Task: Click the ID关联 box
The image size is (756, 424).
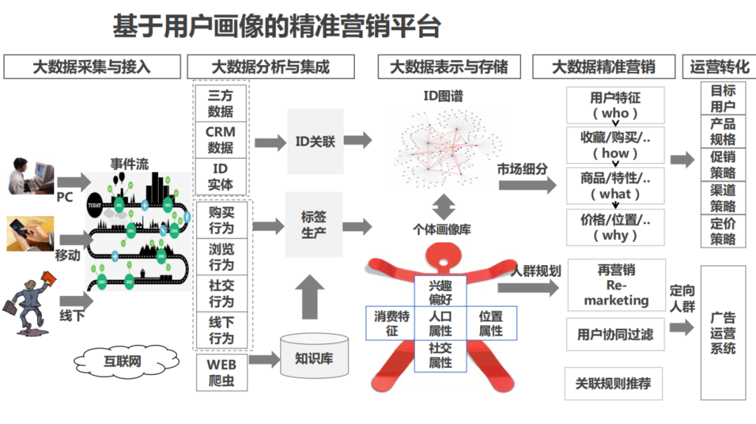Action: pos(315,141)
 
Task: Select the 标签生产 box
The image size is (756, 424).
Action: pos(314,225)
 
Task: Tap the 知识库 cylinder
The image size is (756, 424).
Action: pos(313,358)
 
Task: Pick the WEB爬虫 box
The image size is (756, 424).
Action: pos(221,373)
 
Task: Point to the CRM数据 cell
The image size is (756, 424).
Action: pos(220,139)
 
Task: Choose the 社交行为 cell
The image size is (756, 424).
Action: pos(221,293)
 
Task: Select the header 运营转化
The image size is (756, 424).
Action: pos(718,67)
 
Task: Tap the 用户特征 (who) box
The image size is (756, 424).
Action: pos(615,104)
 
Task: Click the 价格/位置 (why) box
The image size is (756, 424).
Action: pos(615,227)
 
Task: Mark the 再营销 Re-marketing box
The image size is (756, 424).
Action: pos(616,285)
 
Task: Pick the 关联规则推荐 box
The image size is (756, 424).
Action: pos(613,383)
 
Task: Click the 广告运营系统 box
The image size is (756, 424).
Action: pos(723,333)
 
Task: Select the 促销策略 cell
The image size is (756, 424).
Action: pos(723,164)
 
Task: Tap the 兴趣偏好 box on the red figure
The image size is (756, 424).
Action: pos(440,292)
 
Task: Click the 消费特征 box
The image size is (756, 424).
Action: pos(391,323)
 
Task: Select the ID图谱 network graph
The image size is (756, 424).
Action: pos(439,148)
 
